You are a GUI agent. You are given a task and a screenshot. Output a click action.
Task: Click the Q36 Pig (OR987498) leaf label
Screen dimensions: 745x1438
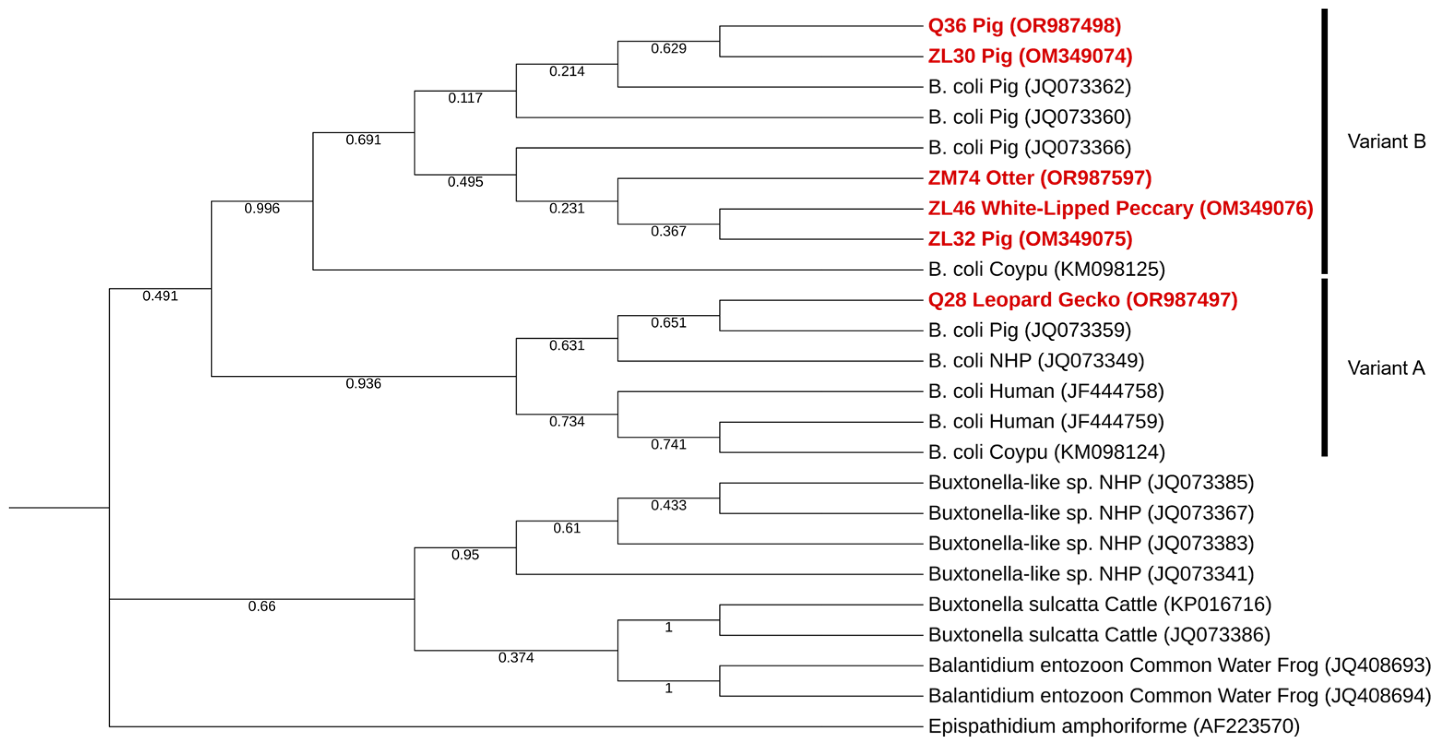coord(1024,26)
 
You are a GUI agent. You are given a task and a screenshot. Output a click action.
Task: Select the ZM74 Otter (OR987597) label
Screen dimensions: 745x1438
coord(1039,178)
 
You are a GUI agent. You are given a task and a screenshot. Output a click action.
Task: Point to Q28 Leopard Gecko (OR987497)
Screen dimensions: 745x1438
coord(1083,300)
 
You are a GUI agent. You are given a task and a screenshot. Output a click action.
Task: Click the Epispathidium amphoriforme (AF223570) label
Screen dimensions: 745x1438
coord(1114,726)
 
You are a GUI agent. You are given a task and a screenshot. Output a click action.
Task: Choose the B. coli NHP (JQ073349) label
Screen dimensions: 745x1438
coord(1036,361)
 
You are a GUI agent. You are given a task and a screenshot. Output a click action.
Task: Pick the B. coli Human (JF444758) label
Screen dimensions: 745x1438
coord(1046,391)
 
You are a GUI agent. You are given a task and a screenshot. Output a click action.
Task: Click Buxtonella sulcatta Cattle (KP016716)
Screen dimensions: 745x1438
coord(1099,604)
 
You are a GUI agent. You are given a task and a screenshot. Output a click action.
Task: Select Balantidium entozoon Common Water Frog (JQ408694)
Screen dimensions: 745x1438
coord(1179,696)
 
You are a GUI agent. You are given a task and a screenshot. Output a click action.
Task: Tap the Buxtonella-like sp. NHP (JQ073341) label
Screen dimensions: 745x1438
coord(1091,574)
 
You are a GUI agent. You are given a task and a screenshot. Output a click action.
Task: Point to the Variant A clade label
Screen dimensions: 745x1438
coord(1386,368)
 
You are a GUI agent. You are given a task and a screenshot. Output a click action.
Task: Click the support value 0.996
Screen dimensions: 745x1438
coord(262,209)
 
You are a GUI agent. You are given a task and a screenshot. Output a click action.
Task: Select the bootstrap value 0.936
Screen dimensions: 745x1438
coord(363,384)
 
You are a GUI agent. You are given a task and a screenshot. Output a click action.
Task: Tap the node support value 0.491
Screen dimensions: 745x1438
coord(160,296)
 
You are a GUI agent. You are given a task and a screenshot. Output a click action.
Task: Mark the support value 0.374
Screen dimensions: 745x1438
coord(516,658)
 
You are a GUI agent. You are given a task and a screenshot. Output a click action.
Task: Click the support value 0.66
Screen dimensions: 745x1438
coord(262,607)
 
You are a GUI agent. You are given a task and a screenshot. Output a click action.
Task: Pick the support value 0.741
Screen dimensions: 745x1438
coord(668,445)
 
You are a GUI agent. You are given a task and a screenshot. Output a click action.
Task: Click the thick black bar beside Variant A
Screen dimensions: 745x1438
coord(1324,368)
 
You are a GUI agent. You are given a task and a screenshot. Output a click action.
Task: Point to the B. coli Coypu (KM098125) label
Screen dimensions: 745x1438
coord(1046,270)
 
